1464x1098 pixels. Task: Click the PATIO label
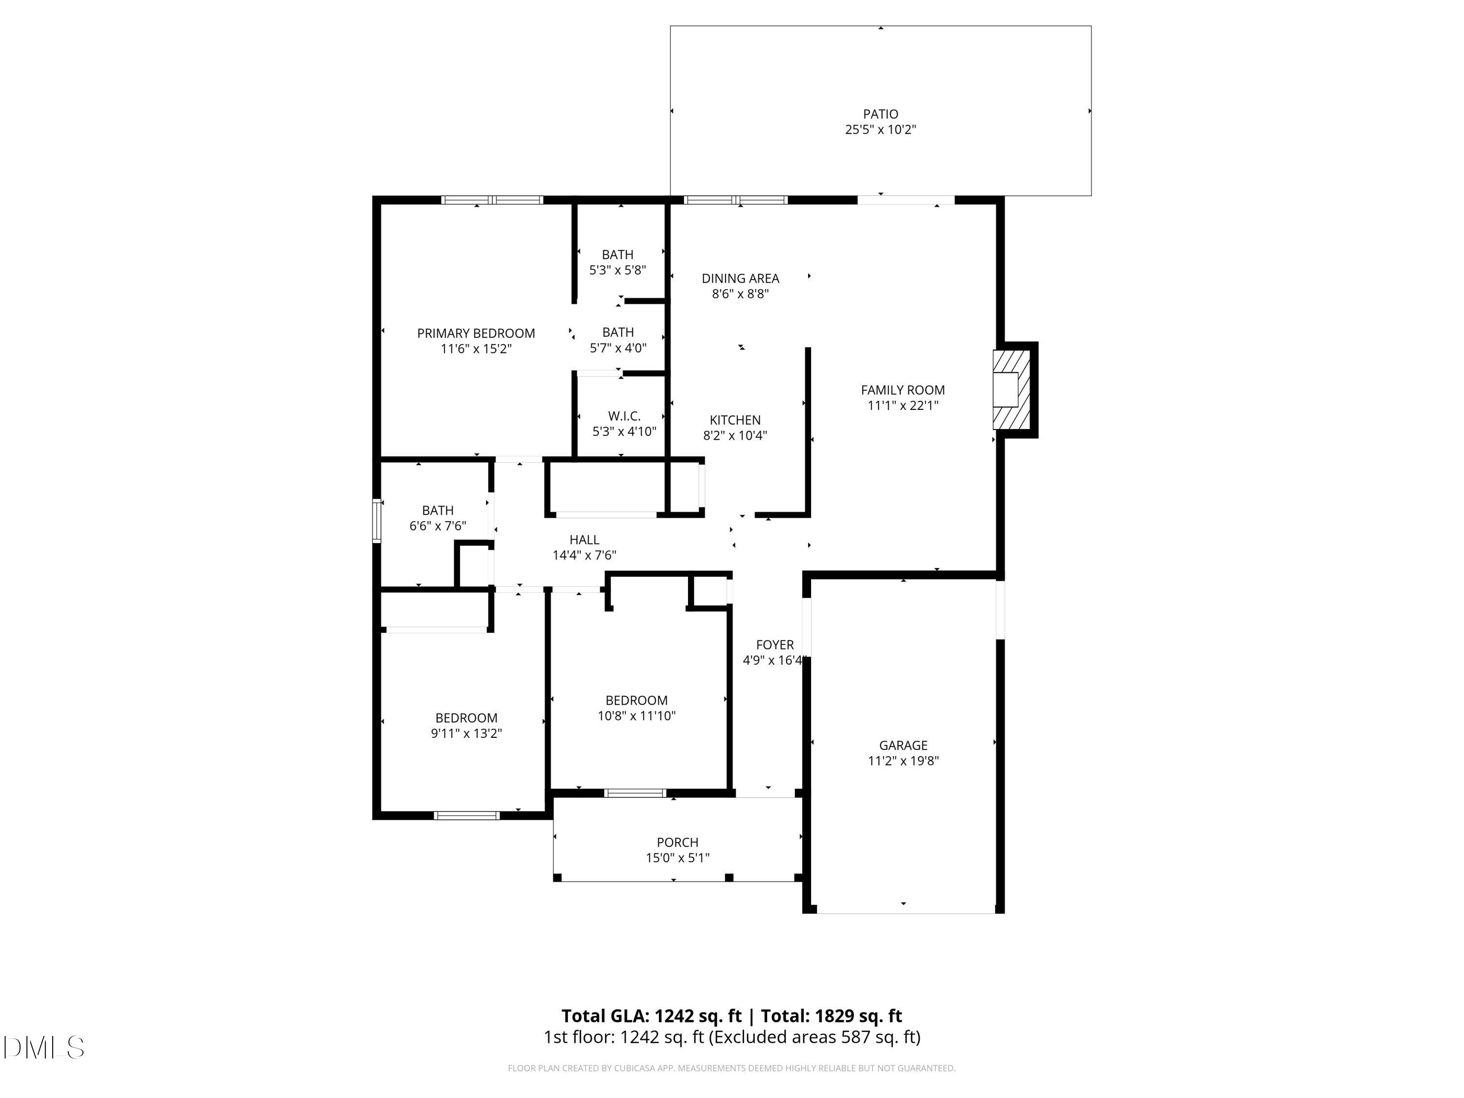(x=880, y=114)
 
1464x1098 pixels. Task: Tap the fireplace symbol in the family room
(x=1011, y=390)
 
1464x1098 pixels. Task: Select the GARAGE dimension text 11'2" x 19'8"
(x=903, y=760)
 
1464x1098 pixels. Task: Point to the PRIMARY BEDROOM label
(x=476, y=333)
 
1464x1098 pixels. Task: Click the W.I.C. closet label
(x=624, y=416)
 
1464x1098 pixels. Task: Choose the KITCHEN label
(x=734, y=420)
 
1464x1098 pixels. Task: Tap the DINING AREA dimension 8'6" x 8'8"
(x=740, y=294)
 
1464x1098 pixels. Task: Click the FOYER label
(x=774, y=644)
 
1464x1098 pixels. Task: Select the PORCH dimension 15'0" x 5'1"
(x=677, y=858)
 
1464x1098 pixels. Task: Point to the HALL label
(x=584, y=539)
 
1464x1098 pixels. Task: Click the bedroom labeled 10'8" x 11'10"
(x=636, y=700)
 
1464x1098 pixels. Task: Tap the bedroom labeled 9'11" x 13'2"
(x=466, y=717)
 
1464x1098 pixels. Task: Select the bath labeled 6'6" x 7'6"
(x=437, y=510)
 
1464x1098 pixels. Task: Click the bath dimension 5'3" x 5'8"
(x=617, y=270)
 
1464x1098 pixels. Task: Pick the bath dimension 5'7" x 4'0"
(x=617, y=347)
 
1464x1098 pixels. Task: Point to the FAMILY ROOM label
(x=902, y=390)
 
